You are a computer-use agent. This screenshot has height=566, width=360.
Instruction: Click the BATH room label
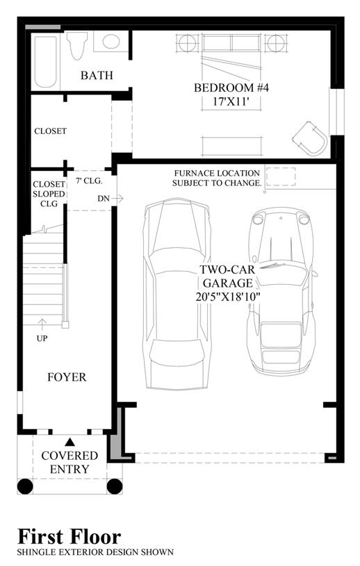[x=97, y=76]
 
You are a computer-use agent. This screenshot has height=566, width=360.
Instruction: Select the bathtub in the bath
[x=46, y=61]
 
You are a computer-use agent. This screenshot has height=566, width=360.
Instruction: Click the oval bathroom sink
[x=111, y=42]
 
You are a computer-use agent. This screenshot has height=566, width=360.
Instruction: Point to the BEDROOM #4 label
[x=231, y=88]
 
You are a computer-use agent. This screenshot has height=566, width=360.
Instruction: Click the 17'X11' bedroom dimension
[x=231, y=102]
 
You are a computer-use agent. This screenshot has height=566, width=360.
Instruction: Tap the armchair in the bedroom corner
[x=310, y=139]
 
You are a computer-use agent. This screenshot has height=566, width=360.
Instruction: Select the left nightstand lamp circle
[x=188, y=43]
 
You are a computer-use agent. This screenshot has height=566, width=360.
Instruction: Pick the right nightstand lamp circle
[x=276, y=43]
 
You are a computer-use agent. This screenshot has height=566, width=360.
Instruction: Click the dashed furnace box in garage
[x=281, y=176]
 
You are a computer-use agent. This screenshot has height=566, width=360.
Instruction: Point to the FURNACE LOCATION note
[x=217, y=178]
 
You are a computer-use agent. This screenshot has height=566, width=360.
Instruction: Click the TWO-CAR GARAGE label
[x=227, y=276]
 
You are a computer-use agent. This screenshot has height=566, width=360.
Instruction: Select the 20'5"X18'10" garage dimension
[x=227, y=297]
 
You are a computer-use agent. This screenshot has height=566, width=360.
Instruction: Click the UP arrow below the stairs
[x=42, y=324]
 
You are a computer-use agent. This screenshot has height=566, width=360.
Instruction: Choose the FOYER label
[x=67, y=377]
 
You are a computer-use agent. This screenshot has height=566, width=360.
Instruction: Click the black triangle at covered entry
[x=69, y=442]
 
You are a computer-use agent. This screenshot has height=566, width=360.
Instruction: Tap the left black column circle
[x=25, y=486]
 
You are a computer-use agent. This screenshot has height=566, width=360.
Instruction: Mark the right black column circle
[x=115, y=486]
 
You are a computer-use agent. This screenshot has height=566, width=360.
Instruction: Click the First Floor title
[x=69, y=536]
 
